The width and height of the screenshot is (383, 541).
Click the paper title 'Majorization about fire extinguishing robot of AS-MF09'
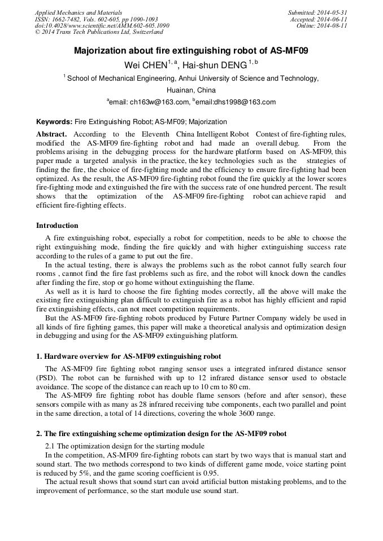click(x=191, y=51)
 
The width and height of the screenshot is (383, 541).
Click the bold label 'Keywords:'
click(x=54, y=121)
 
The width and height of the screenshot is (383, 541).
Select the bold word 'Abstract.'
click(x=51, y=134)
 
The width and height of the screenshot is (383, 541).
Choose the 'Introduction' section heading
click(x=57, y=225)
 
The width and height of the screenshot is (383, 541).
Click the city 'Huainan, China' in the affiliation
click(x=191, y=90)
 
